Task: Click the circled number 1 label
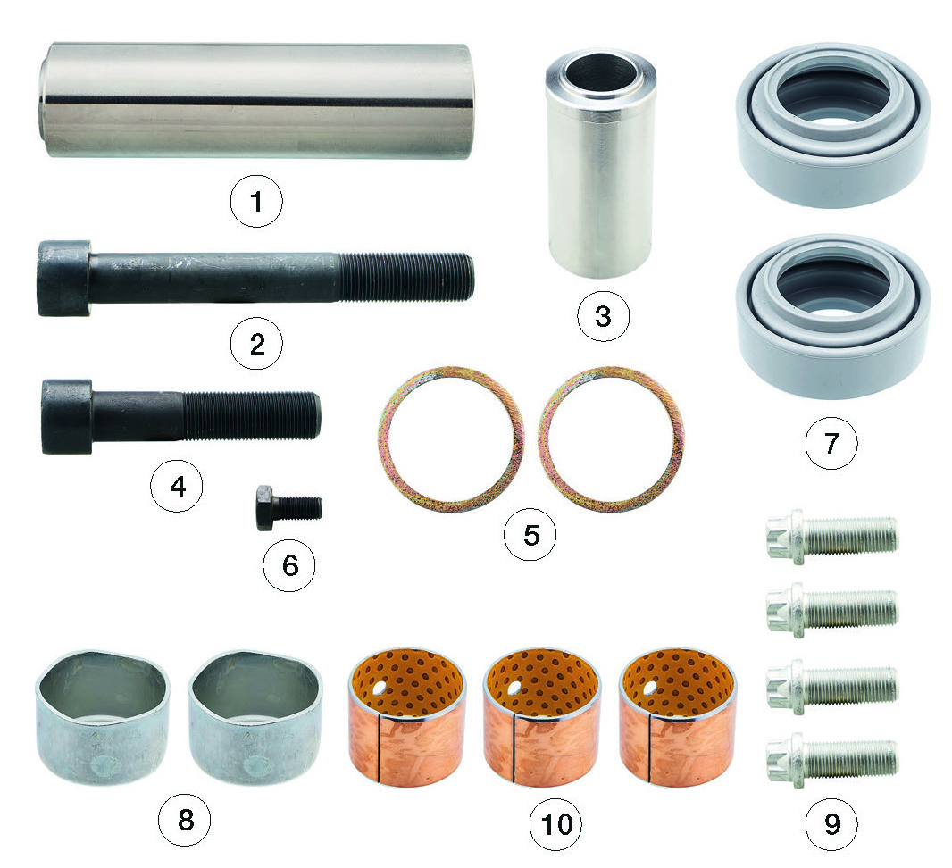pyautogui.click(x=256, y=201)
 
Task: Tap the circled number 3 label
pyautogui.click(x=603, y=316)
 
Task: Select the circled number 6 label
pyautogui.click(x=289, y=565)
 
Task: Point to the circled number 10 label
pyautogui.click(x=556, y=823)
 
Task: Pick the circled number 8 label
pyautogui.click(x=185, y=820)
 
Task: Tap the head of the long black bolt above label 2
pyautogui.click(x=64, y=278)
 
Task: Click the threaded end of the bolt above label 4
pyautogui.click(x=251, y=416)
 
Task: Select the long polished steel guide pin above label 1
pyautogui.click(x=255, y=101)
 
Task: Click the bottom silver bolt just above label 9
pyautogui.click(x=831, y=759)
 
